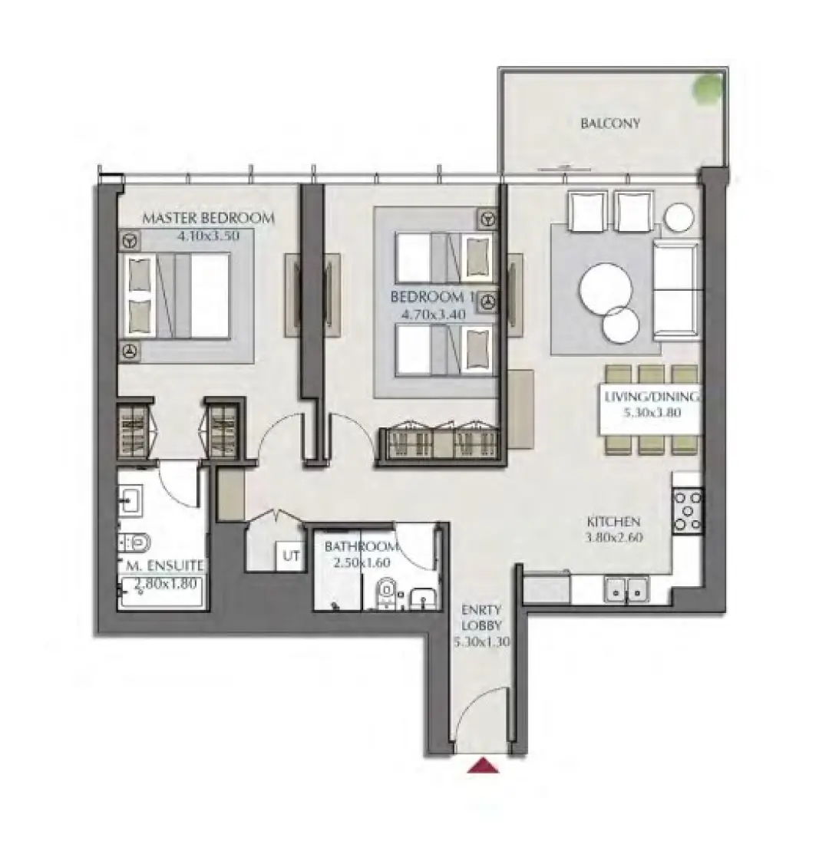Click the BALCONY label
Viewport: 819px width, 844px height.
click(x=610, y=124)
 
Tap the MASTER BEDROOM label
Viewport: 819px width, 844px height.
click(x=208, y=218)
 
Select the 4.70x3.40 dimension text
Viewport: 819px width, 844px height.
click(x=433, y=314)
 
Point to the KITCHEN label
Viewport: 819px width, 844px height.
click(x=613, y=522)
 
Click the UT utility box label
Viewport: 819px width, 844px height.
click(x=292, y=556)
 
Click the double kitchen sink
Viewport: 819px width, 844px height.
click(x=627, y=589)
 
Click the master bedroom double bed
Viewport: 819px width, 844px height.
click(x=177, y=297)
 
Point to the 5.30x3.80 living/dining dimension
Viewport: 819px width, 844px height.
click(x=652, y=413)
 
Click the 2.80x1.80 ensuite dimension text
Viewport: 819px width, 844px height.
click(x=165, y=583)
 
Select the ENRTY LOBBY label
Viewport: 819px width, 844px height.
click(x=481, y=618)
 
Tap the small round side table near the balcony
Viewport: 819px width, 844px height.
click(x=679, y=218)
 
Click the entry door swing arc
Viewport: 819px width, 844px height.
click(x=475, y=702)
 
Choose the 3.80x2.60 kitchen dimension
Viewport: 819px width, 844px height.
click(x=614, y=537)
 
